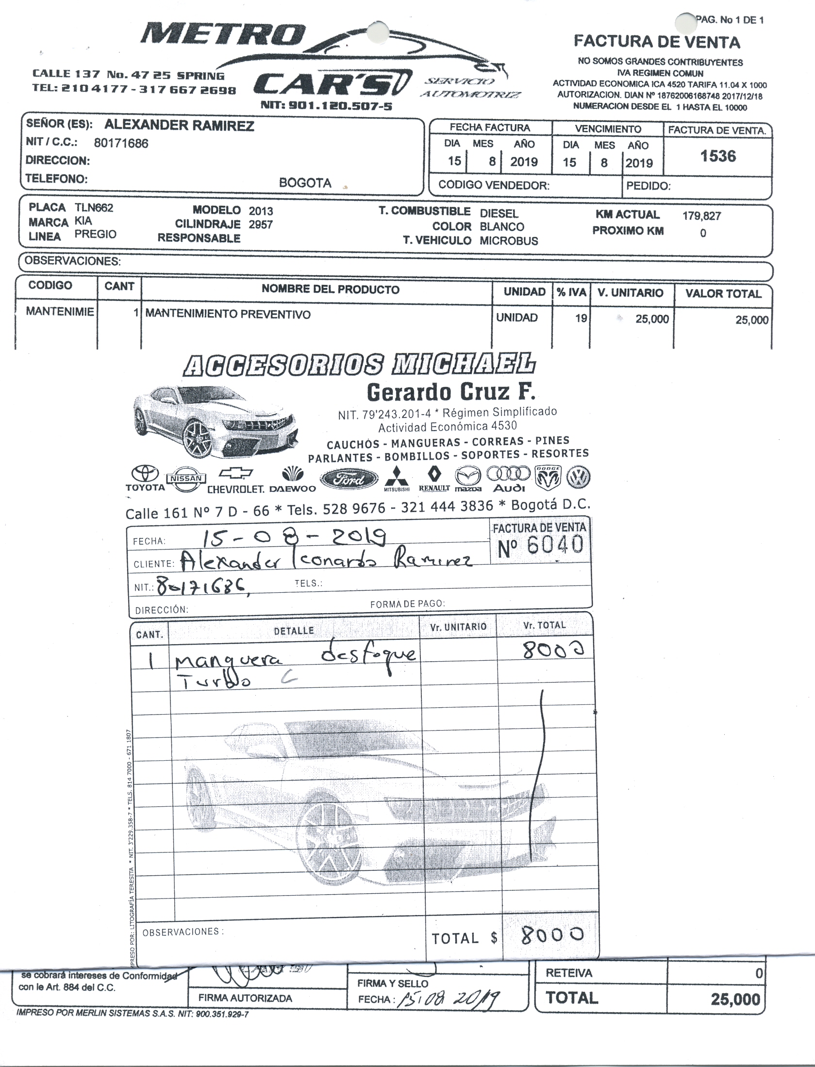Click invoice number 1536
[718, 156]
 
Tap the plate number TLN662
[94, 208]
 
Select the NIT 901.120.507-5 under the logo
[326, 106]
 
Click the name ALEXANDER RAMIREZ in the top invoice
[179, 126]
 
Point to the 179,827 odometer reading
[701, 216]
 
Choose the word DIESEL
[499, 213]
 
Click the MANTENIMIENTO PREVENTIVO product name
[228, 315]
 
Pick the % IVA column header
[571, 292]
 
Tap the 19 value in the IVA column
[581, 318]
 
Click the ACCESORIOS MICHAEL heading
[359, 365]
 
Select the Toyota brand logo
[145, 478]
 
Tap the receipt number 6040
[554, 545]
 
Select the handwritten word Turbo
[216, 682]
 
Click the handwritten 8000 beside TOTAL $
[552, 934]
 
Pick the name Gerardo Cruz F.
[451, 392]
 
